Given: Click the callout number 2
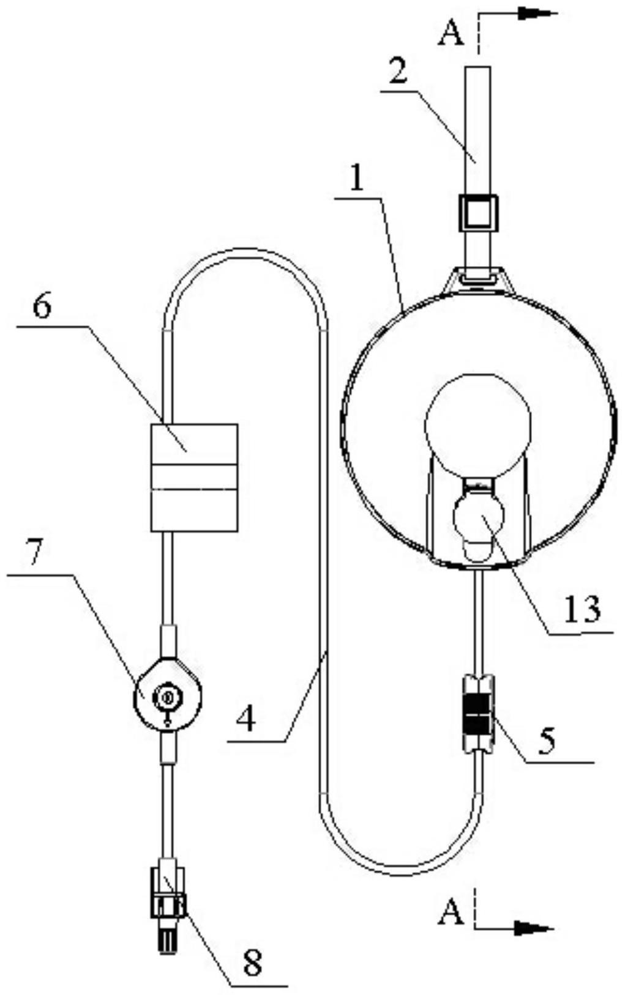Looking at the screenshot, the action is [398, 73].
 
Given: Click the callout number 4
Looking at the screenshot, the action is [246, 719].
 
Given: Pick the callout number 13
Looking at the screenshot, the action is [582, 609].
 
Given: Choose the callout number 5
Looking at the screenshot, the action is [545, 741].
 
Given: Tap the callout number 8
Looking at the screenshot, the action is [252, 962].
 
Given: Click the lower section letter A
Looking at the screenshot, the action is [451, 913].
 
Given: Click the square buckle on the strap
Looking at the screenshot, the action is [479, 213].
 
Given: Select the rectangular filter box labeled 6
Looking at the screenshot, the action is [194, 478].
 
